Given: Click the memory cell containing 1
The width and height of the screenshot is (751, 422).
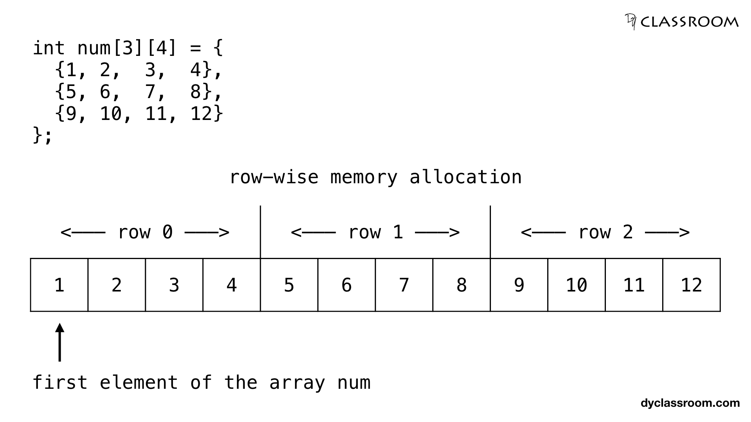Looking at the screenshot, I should (x=59, y=285).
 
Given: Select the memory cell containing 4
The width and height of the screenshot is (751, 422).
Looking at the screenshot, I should (x=232, y=285).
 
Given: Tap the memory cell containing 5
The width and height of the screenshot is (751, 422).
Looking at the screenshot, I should (x=289, y=285).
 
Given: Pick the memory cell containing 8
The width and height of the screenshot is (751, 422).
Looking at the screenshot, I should (x=462, y=285).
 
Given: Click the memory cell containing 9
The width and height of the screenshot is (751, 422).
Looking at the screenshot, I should (x=519, y=285).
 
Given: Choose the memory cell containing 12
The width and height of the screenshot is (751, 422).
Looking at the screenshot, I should (x=692, y=285).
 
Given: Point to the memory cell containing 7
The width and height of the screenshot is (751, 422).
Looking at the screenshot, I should (x=404, y=285).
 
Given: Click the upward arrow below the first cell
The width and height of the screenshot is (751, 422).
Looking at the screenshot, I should (x=59, y=342).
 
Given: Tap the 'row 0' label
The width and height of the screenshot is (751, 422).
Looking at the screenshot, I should (x=145, y=232).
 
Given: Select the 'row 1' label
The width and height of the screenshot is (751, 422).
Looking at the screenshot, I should (x=375, y=232).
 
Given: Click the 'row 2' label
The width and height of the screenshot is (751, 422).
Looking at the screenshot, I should (x=605, y=232).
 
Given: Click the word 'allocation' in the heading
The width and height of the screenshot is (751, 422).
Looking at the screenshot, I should (x=465, y=177).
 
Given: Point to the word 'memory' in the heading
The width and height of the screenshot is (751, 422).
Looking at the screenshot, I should (x=364, y=177).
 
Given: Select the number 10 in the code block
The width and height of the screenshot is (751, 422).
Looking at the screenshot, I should (x=111, y=114).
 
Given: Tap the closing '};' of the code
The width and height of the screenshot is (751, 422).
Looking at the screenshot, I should (x=42, y=136).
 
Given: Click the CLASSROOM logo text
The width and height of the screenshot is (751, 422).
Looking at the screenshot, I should (x=689, y=22).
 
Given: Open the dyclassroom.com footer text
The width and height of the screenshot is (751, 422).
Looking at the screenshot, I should (x=690, y=403).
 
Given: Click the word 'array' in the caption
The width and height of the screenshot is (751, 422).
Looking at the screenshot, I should (x=297, y=383).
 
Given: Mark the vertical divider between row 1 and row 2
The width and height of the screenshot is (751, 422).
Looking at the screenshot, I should (x=490, y=231).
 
